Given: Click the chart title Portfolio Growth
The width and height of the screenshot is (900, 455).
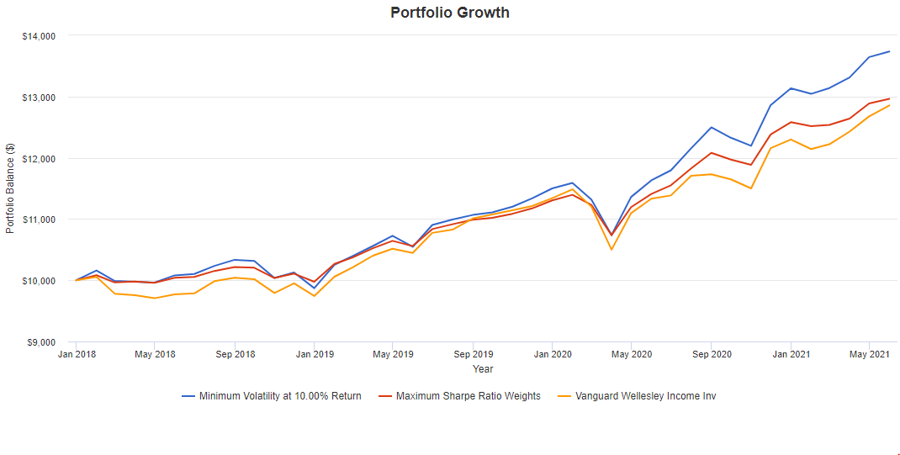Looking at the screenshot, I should tap(449, 13).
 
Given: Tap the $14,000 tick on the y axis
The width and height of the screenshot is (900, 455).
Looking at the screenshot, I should tap(38, 36).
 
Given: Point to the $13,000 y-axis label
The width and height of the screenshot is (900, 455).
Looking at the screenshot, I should tap(38, 98).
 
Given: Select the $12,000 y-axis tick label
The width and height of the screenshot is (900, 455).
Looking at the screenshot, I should tap(38, 159).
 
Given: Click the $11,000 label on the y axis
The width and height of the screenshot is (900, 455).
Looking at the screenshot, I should tap(38, 220).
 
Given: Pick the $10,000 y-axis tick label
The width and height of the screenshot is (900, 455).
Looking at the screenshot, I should tap(38, 281).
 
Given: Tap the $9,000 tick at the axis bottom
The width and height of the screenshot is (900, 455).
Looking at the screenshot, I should tap(40, 342).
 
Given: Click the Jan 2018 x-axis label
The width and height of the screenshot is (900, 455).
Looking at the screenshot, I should tap(76, 355).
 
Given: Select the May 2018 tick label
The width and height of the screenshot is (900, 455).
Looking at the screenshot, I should tap(155, 355).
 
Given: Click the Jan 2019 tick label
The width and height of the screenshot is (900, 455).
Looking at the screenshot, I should tap(314, 355).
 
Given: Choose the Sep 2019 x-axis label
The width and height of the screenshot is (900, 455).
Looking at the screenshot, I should tap(473, 355).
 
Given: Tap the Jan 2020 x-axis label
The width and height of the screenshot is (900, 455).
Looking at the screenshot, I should tap(552, 355).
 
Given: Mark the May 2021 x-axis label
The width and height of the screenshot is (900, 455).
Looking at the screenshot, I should tap(869, 355).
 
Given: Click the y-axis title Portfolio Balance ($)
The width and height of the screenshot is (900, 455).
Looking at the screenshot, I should tap(10, 188).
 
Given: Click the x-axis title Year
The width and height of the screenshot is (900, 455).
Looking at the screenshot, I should tap(483, 369).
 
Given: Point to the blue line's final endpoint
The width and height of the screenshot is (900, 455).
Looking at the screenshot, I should tap(889, 51).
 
